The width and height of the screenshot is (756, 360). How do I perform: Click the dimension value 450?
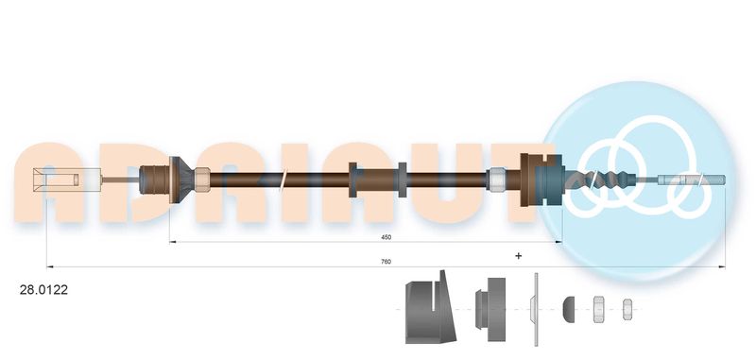(x=387, y=237)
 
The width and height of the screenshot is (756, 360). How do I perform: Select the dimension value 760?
(x=387, y=262)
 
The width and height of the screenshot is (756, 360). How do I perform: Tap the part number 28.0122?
(x=43, y=290)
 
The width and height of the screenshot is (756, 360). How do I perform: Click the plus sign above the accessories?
(x=518, y=256)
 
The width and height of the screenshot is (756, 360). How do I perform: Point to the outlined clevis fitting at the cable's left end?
(x=66, y=180)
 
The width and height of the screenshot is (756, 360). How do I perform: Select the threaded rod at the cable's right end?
(x=692, y=180)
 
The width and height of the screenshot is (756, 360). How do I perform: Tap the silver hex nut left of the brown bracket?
(x=497, y=180)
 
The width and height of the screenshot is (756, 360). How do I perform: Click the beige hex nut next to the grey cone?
(x=202, y=180)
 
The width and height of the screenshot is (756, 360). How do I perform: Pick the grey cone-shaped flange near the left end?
(x=180, y=180)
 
